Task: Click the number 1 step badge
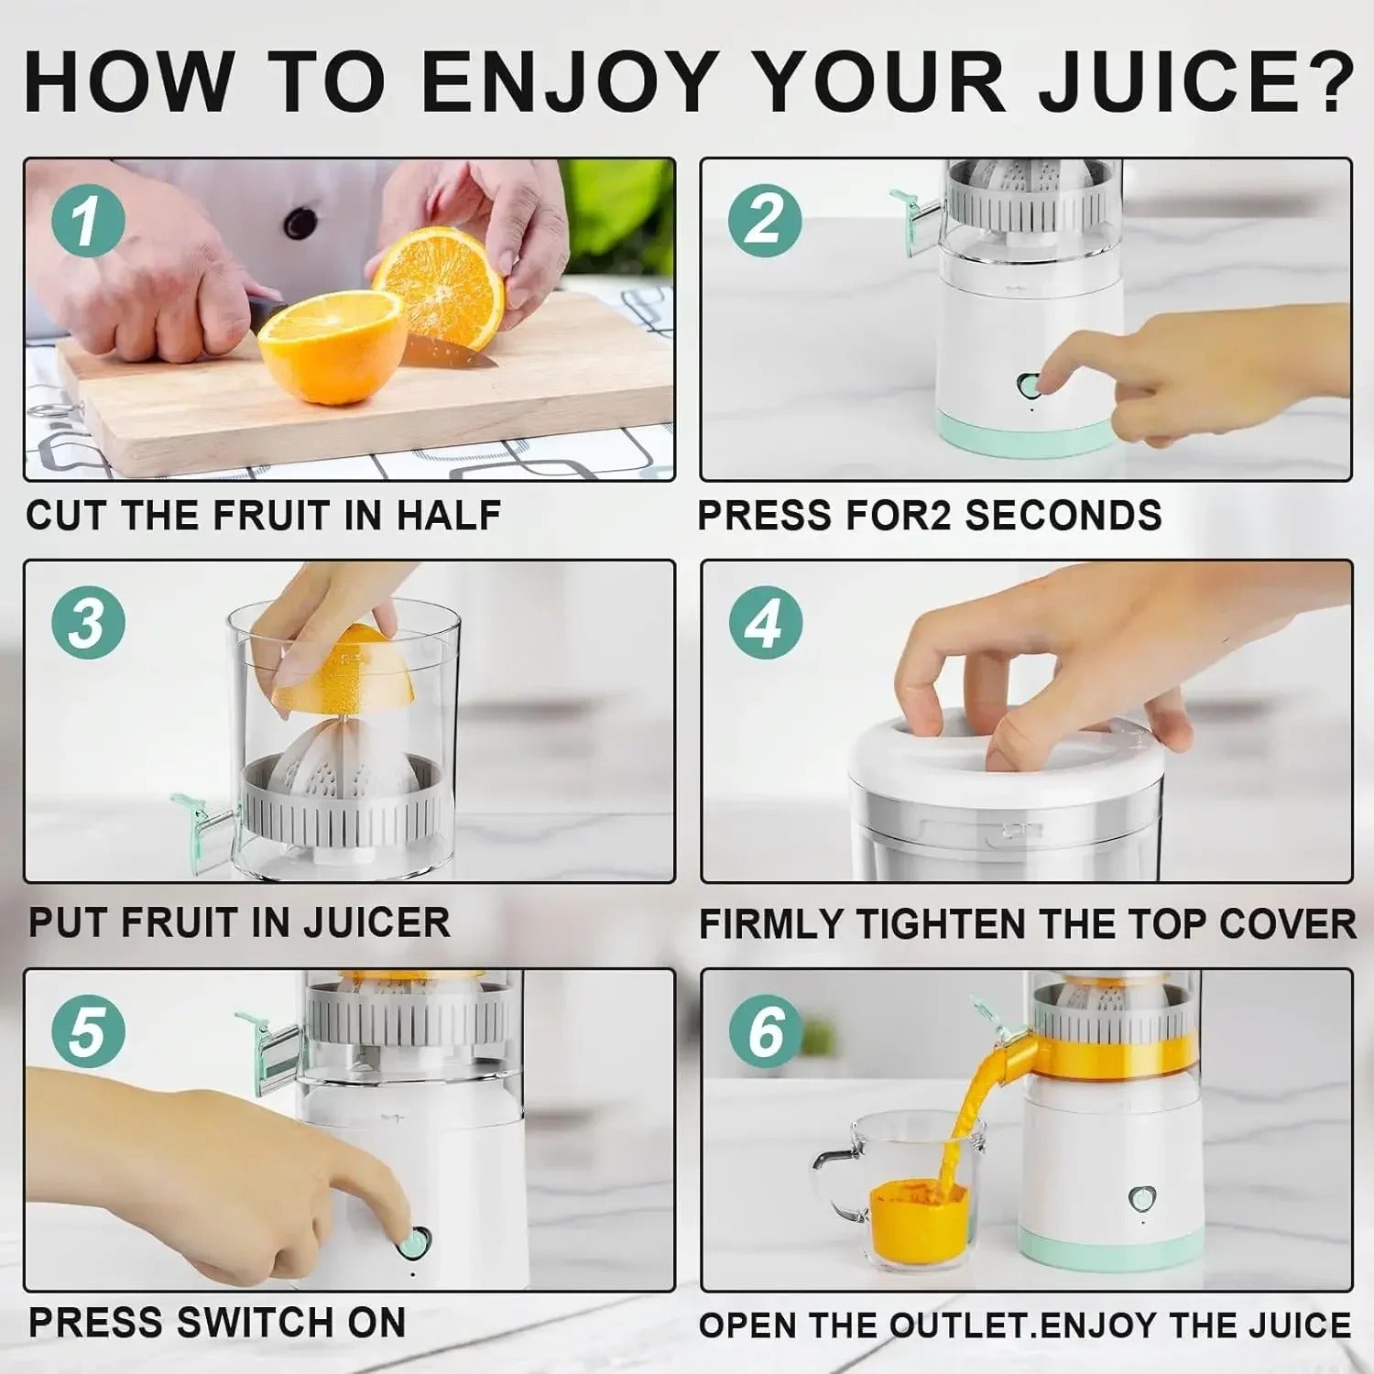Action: coord(88,221)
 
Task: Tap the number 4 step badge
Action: coord(766,624)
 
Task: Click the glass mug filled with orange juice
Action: coord(907,1191)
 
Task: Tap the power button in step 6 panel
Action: coord(1141,1197)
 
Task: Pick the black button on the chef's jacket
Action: coord(300,222)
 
